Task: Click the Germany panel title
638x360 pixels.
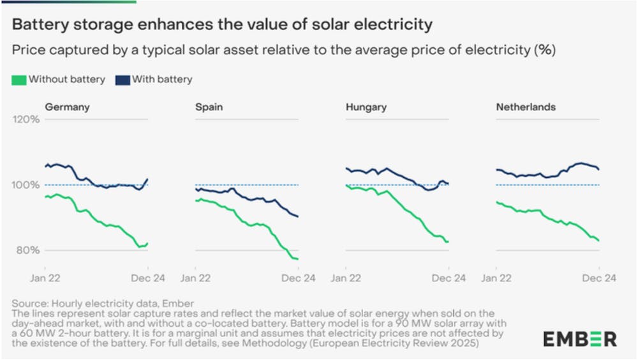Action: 67,107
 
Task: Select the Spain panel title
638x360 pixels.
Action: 209,107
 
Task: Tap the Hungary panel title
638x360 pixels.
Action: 366,107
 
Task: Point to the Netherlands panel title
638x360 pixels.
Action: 526,107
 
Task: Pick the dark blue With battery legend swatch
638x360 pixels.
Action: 122,80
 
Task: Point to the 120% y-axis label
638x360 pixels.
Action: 27,119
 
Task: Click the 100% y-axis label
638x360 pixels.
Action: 27,185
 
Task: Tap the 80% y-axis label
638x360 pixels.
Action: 29,250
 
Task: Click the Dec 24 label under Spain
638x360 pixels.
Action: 298,278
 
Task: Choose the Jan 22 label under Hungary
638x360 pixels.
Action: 346,278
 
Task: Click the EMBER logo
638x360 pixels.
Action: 579,338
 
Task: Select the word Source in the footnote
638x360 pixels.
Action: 27,303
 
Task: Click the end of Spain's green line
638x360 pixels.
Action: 298,259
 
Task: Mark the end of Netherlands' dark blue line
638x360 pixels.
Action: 599,169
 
